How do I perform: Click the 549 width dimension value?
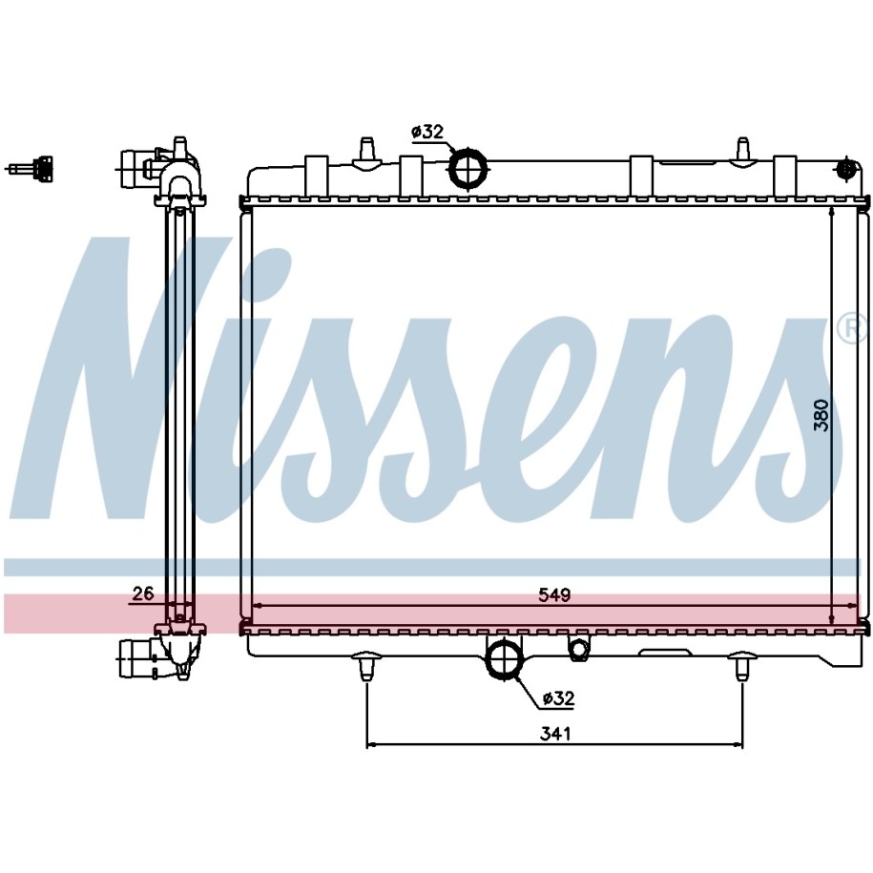(x=554, y=595)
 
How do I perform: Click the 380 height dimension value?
(x=821, y=415)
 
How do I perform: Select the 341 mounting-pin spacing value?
(x=555, y=734)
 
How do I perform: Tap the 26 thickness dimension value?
(x=142, y=594)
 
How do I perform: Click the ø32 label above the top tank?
(x=427, y=132)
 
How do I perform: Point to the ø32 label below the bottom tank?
(x=557, y=698)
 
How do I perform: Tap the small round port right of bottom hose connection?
(x=578, y=649)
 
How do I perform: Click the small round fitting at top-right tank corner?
(x=847, y=168)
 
